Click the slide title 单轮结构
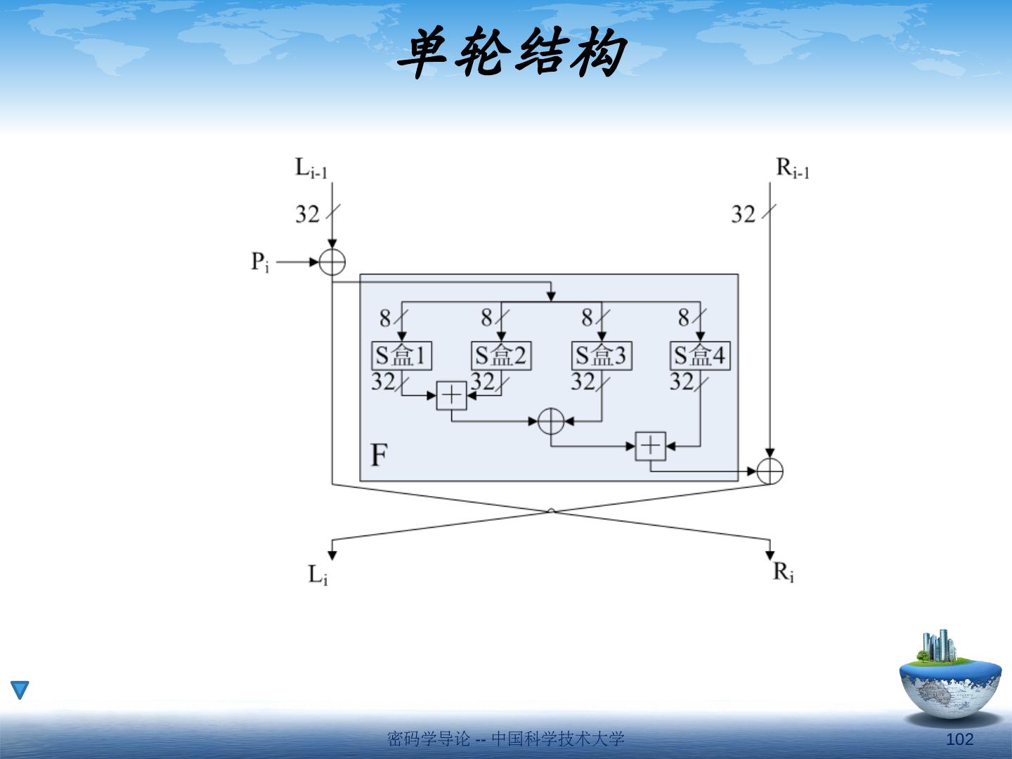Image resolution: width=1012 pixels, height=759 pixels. point(511,53)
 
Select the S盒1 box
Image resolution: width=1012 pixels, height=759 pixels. point(401,356)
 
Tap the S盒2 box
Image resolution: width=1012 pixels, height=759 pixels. point(501,356)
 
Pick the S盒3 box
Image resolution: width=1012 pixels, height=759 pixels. point(602,356)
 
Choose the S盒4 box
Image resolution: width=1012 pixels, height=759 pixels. point(700,356)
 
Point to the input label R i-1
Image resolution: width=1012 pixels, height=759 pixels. point(792,169)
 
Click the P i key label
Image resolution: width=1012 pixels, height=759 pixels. point(260,263)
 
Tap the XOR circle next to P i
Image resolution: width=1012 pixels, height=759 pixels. point(332,262)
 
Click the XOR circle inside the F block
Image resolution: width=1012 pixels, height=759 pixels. point(551,422)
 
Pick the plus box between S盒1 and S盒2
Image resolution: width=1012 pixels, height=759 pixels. point(451,396)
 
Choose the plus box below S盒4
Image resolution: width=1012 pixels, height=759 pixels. point(651,446)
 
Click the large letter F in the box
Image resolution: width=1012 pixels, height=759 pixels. point(379,455)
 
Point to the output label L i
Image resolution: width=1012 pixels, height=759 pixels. point(318,575)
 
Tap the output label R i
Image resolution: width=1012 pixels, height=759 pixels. point(784,573)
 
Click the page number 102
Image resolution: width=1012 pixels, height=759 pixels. point(959,739)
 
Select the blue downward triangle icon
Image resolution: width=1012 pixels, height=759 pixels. point(20,689)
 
